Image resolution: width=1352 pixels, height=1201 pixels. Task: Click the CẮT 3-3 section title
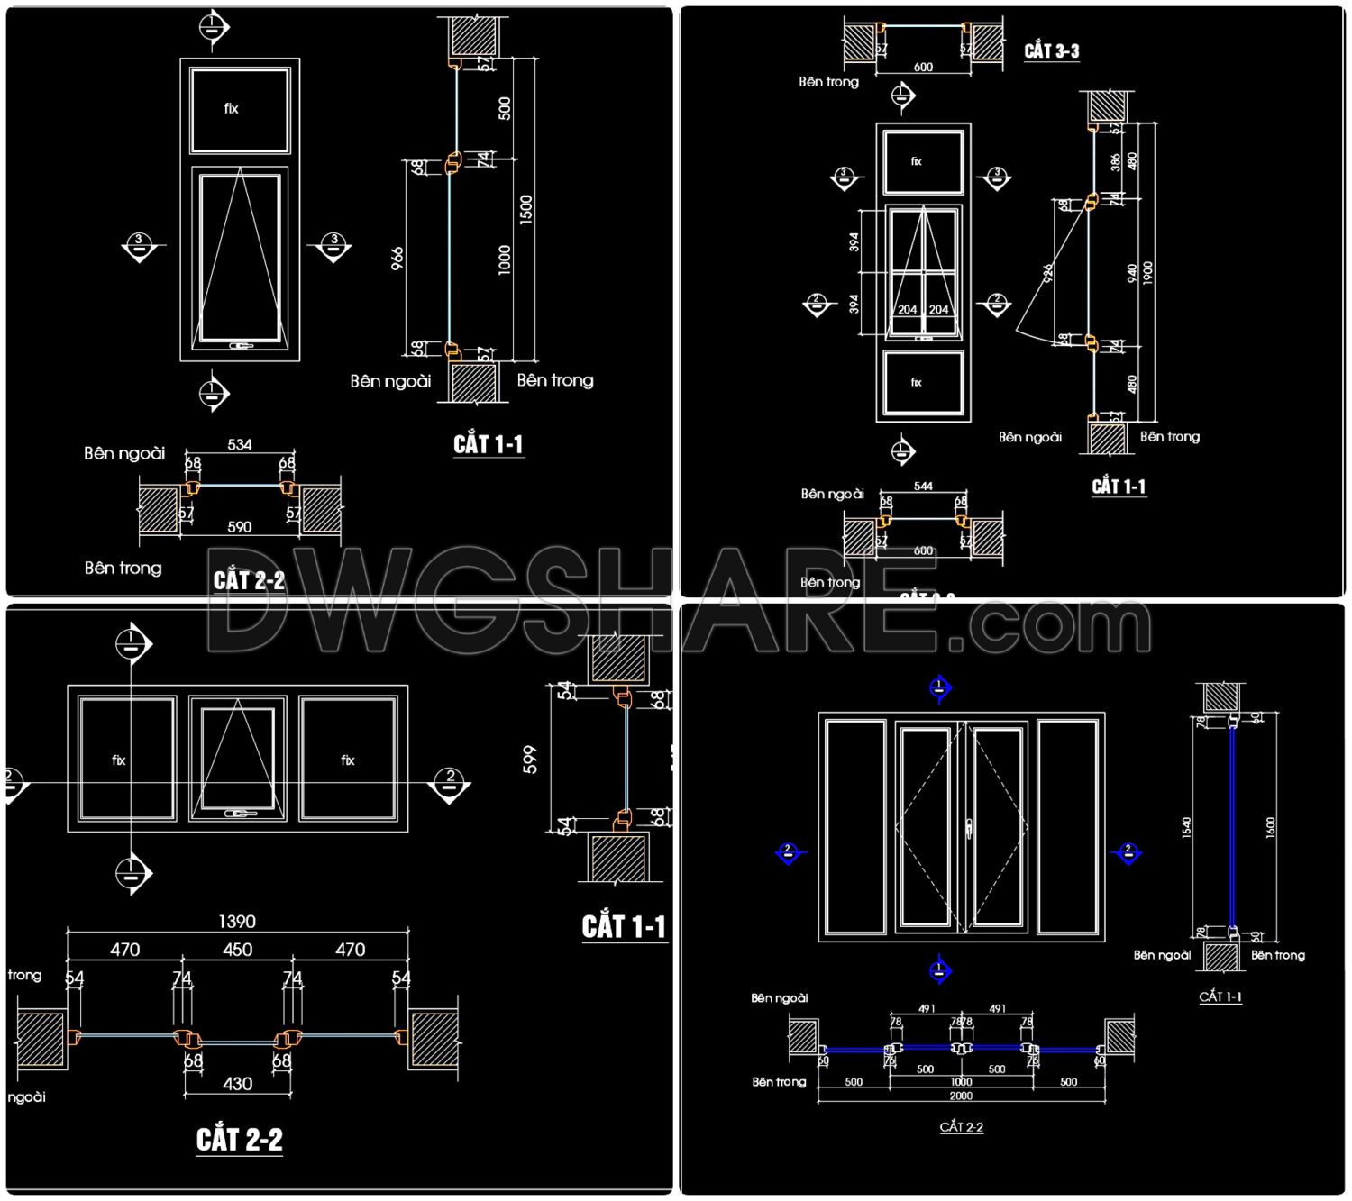click(1051, 51)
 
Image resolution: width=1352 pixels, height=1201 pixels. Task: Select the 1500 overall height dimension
click(525, 209)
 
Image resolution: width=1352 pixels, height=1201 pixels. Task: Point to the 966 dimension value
click(397, 259)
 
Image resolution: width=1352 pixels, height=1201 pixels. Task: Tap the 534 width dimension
click(240, 445)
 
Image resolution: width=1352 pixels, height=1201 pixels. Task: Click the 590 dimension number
click(240, 527)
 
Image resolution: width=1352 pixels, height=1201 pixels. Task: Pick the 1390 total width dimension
click(237, 922)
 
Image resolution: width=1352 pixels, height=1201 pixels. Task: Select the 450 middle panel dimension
click(237, 950)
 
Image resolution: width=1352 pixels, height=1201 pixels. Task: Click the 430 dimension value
click(237, 1084)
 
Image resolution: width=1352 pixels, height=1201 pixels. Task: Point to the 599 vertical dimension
click(530, 760)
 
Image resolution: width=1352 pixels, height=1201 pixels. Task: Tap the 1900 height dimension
click(1147, 273)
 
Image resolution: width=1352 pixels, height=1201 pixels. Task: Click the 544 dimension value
click(923, 487)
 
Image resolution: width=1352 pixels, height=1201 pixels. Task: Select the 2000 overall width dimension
click(961, 1096)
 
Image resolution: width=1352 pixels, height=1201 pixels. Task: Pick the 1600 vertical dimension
click(1271, 828)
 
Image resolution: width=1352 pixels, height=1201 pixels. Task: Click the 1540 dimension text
click(1186, 828)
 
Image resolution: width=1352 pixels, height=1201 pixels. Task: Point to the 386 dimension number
click(1116, 162)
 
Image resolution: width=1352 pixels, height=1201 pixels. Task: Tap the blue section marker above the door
click(939, 688)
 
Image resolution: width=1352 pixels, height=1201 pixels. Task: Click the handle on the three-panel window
click(238, 814)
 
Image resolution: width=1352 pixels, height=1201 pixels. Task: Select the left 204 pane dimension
click(907, 310)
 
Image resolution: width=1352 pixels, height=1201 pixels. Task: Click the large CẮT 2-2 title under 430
click(240, 1140)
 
